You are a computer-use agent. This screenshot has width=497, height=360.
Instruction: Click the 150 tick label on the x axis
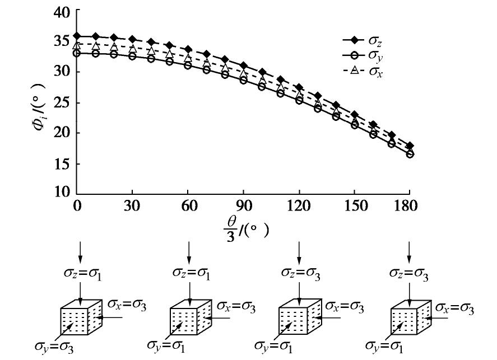pyautogui.click(x=354, y=205)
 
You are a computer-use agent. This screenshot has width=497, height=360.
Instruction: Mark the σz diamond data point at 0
pyautogui.click(x=78, y=36)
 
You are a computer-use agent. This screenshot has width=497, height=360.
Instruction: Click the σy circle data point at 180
pyautogui.click(x=410, y=153)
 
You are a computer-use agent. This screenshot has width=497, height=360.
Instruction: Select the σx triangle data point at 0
pyautogui.click(x=78, y=45)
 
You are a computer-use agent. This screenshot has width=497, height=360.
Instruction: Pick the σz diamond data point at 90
pyautogui.click(x=244, y=66)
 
